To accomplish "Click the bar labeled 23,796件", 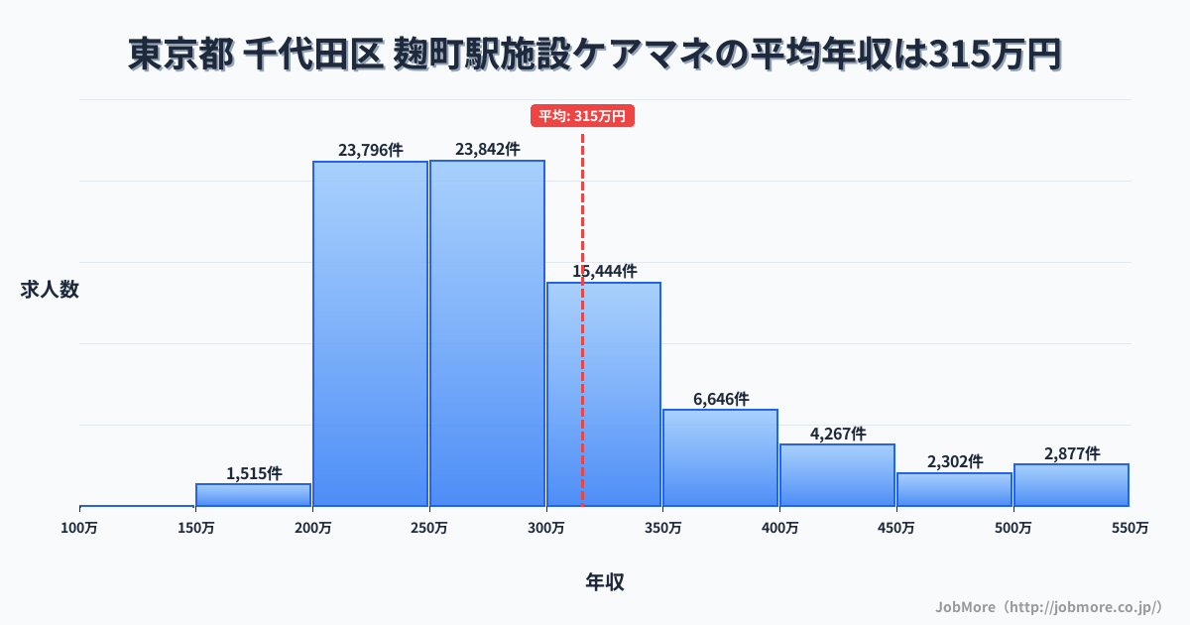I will (x=371, y=333).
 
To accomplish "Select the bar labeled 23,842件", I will (x=487, y=333).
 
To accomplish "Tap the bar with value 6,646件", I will (x=720, y=457).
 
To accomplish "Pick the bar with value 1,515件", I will (x=254, y=495).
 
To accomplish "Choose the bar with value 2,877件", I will (x=1071, y=485).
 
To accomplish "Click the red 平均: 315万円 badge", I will (x=582, y=116).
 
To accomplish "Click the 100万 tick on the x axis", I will (x=79, y=528).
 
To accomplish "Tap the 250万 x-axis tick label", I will (x=429, y=528).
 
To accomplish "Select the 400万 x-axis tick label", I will (x=779, y=528).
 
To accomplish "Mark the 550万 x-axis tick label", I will (x=1130, y=528).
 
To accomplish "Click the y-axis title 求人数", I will (x=50, y=290).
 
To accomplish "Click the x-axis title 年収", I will (x=604, y=582).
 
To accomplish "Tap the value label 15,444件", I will (x=604, y=271).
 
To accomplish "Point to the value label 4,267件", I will (x=838, y=434).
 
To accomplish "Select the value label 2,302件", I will (x=955, y=461).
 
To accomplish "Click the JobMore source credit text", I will (x=1048, y=606).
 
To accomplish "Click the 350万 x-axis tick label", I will (x=662, y=528).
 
